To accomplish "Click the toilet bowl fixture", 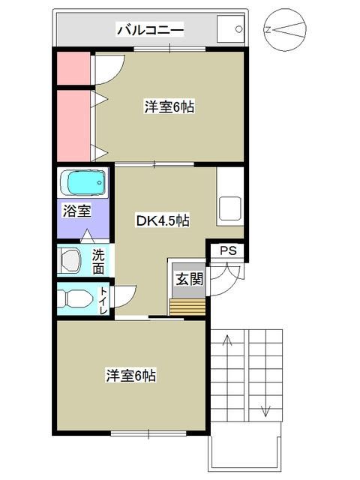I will point(75,298).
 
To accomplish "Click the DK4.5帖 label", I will point(161,220).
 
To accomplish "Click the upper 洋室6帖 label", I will point(169,107).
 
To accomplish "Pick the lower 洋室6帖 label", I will point(130,375).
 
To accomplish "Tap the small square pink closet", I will point(73,69).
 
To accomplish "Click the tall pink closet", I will point(73,125).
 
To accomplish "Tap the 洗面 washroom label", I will point(98,259).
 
